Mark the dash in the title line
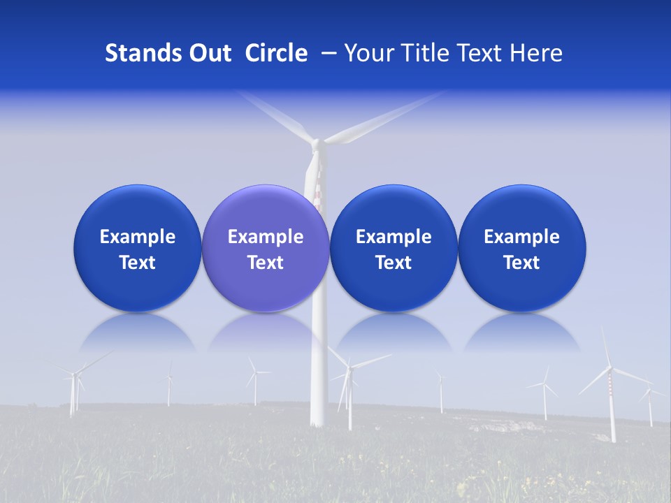point(327,54)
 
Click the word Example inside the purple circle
point(266,237)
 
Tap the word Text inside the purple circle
point(266,263)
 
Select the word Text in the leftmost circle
point(138,263)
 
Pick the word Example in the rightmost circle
point(521,237)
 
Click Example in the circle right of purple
point(394,237)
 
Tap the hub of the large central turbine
point(317,144)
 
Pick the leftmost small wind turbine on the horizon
point(73,391)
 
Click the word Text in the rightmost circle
point(521,263)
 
